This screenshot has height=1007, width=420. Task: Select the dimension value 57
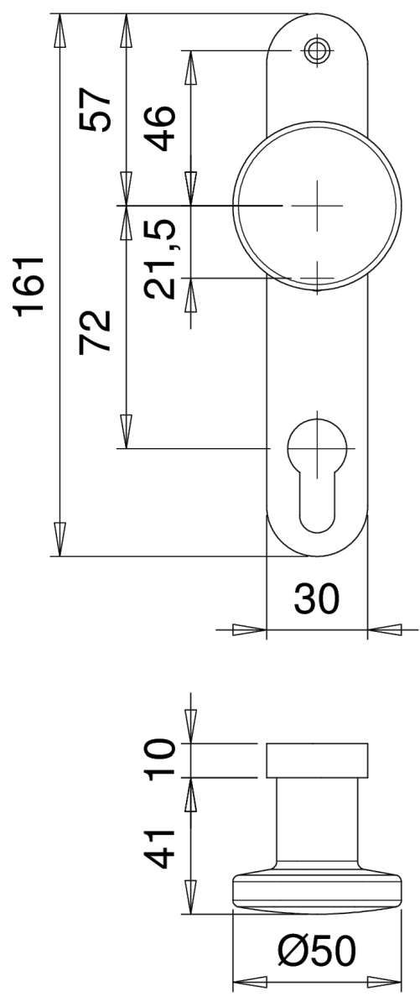click(x=95, y=109)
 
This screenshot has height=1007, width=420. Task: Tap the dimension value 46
click(x=160, y=128)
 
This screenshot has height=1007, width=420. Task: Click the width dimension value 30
click(x=317, y=599)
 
